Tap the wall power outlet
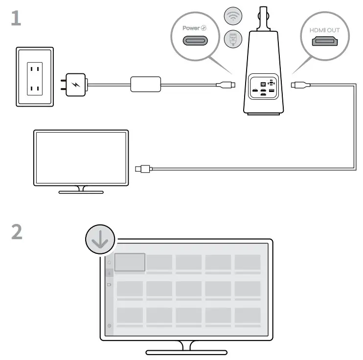pos(35,76)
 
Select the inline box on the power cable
pos(145,84)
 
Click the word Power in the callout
pos(191,28)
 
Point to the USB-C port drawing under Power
pos(195,40)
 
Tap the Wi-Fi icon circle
pos(233,17)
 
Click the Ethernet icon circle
pos(233,39)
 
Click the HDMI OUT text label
pos(324,30)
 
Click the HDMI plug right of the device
pos(299,85)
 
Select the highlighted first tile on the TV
pos(130,262)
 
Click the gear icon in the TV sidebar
pos(109,325)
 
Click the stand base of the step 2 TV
pos(186,352)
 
